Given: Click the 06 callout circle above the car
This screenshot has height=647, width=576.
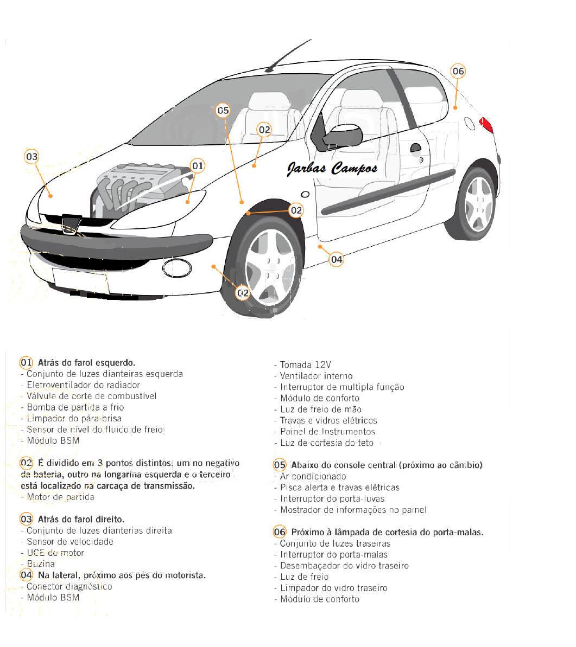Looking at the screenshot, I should tap(458, 71).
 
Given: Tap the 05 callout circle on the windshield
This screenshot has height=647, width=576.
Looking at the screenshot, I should tap(223, 111).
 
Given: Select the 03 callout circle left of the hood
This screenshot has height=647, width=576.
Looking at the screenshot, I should tap(32, 157).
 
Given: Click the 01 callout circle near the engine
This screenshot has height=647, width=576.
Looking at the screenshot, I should tap(198, 165).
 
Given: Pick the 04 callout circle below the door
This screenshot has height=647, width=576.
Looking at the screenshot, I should tap(337, 259).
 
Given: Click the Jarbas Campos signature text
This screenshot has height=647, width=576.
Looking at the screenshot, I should tap(332, 169).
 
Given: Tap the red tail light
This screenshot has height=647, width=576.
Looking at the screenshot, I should tap(486, 125).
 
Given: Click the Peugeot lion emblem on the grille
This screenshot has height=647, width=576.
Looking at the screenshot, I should tap(69, 223).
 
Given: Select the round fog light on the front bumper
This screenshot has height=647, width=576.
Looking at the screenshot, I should tap(177, 267).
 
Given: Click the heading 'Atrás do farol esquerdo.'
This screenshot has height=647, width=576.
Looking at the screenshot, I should tap(86, 362).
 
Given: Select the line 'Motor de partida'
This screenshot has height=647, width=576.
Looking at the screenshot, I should tap(60, 497).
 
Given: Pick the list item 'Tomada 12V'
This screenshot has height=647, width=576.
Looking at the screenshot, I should tap(305, 364).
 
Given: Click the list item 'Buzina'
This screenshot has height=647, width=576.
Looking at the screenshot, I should tap(41, 564).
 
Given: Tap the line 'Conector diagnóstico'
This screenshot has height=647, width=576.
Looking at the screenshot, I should tap(69, 586).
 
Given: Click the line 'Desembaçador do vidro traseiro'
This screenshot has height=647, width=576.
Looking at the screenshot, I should tap(344, 566).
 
